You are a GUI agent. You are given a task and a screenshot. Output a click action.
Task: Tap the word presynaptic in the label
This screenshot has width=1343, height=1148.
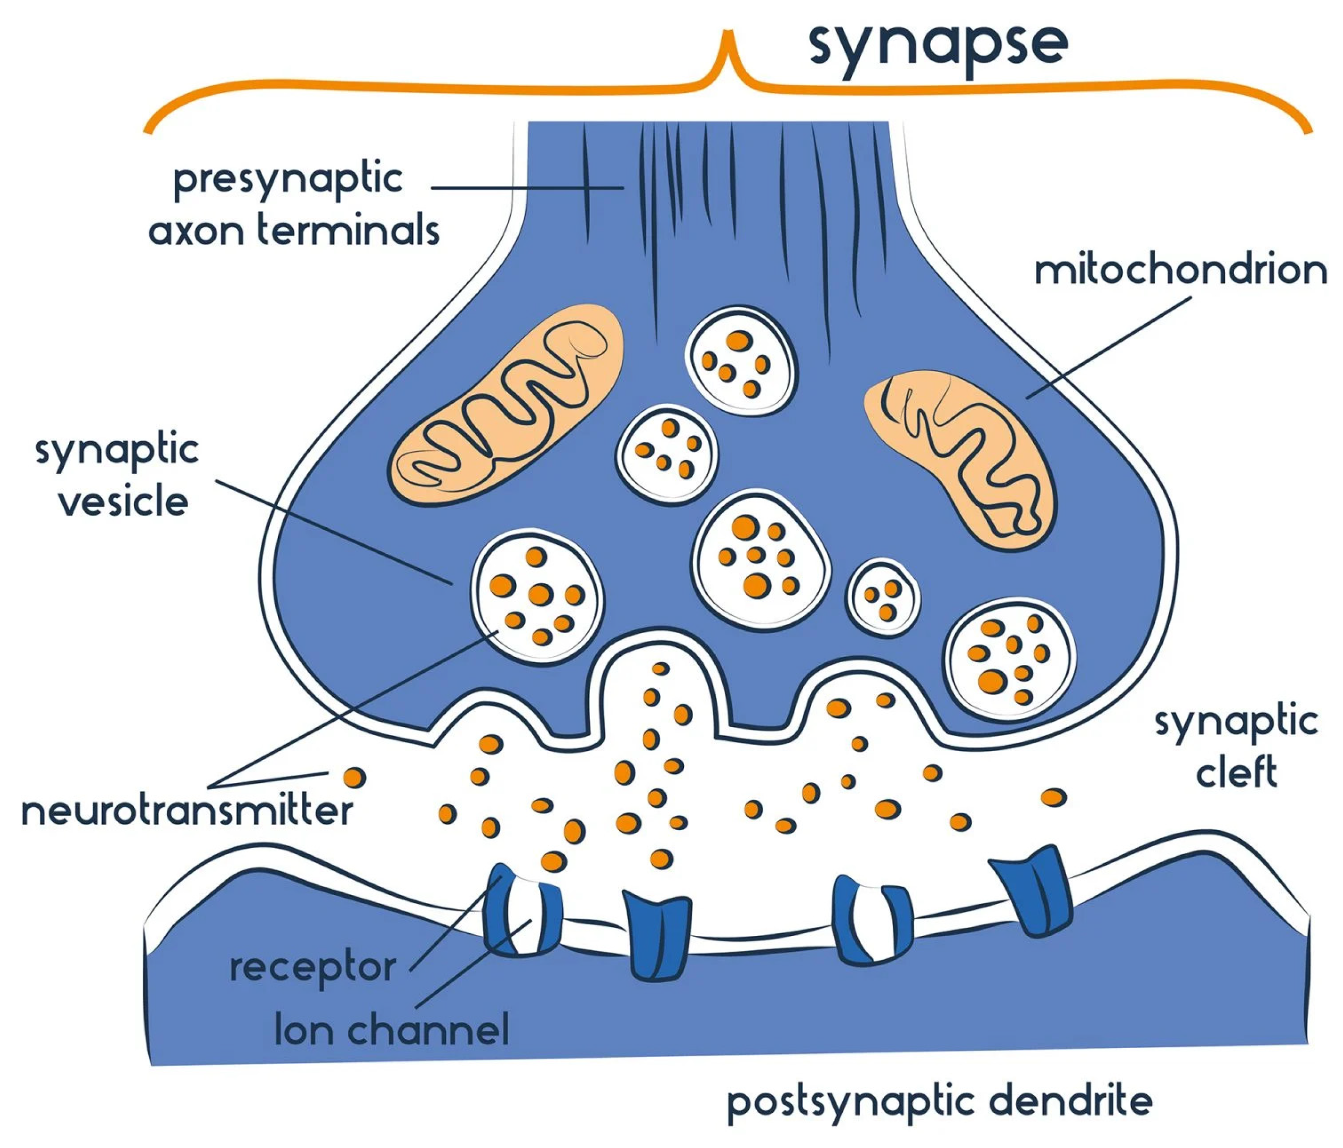coord(288,180)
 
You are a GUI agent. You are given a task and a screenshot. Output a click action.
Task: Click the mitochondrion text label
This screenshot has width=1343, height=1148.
coord(1180,271)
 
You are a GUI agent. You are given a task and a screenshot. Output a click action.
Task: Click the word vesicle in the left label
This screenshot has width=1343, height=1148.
coord(124,502)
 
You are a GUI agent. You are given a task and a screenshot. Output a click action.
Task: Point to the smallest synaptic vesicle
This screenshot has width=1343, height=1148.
coord(883,598)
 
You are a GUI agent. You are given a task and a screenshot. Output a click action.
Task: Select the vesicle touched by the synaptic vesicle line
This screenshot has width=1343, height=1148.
coord(537,597)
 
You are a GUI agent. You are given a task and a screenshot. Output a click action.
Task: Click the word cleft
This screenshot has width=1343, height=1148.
coord(1236,773)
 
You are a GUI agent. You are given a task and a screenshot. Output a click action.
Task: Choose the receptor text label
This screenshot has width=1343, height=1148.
coord(312,968)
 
